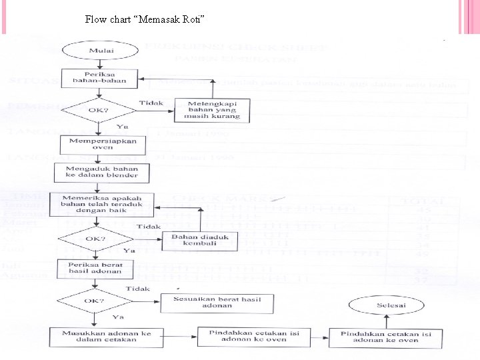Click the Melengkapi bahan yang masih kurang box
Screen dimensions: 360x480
pos(212,110)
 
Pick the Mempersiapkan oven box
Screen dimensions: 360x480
pos(98,144)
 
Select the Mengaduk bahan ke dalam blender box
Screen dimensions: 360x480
pos(101,173)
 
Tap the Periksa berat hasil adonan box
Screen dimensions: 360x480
pos(95,267)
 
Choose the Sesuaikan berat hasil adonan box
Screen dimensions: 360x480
pos(217,302)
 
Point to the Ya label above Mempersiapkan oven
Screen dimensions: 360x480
pos(123,126)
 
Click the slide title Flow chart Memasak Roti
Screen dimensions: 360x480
pos(145,19)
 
